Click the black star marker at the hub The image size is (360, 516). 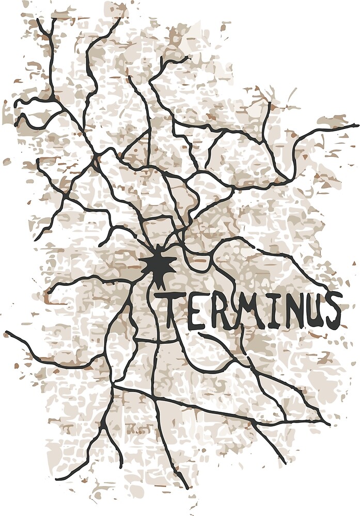click(x=157, y=265)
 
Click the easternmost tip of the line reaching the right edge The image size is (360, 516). click(x=357, y=125)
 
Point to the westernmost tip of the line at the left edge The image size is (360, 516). click(x=6, y=332)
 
